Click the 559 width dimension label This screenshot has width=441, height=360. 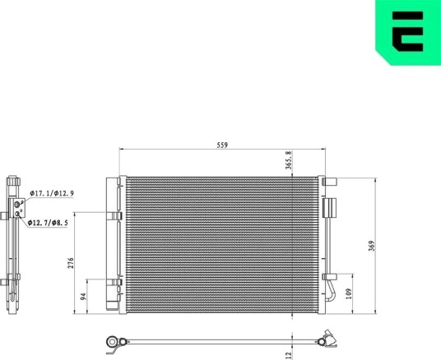tap(222, 145)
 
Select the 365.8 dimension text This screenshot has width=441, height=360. tap(289, 160)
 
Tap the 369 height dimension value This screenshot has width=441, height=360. tap(372, 246)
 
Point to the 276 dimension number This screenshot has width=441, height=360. tap(71, 263)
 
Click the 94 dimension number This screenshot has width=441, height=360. tap(83, 297)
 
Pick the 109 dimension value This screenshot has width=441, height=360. tap(349, 293)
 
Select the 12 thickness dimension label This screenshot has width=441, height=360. tap(288, 356)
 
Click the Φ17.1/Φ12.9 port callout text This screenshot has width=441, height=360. tap(52, 193)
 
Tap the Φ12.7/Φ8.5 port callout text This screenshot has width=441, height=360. tap(48, 223)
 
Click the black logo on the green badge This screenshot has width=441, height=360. tap(407, 31)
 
